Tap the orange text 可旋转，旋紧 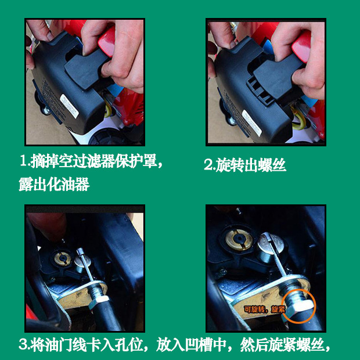pyautogui.click(x=264, y=309)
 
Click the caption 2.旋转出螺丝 pyautogui.click(x=245, y=165)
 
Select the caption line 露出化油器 pyautogui.click(x=54, y=185)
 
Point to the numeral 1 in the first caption pyautogui.click(x=24, y=161)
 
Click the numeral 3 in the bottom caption pyautogui.click(x=23, y=344)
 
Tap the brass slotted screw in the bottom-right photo pyautogui.click(x=239, y=239)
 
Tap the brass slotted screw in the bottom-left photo pyautogui.click(x=63, y=258)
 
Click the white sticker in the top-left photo pyautogui.click(x=69, y=106)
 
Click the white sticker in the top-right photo pyautogui.click(x=252, y=123)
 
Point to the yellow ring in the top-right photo pyautogui.click(x=298, y=118)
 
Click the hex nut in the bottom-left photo pyautogui.click(x=98, y=301)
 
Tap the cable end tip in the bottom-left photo pyautogui.click(x=80, y=251)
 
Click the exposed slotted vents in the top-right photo pyautogui.click(x=260, y=91)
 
